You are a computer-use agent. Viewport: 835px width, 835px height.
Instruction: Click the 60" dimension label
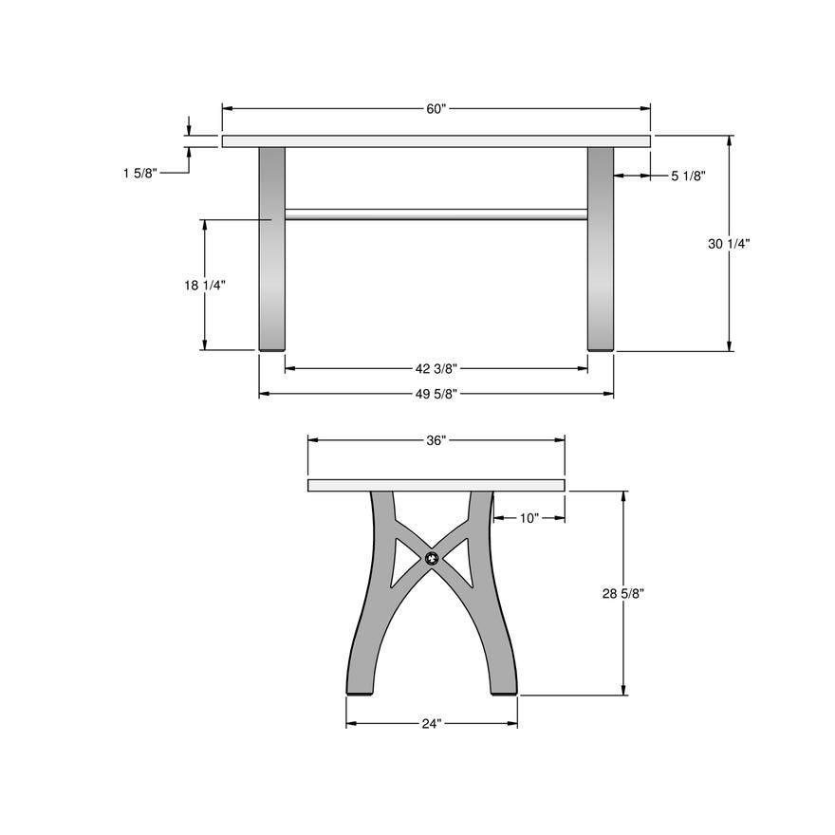(436, 109)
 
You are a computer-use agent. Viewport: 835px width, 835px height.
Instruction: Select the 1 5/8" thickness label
(139, 173)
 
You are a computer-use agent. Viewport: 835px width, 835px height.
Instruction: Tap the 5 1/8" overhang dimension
(687, 176)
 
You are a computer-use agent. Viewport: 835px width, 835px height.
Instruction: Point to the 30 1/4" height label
(729, 244)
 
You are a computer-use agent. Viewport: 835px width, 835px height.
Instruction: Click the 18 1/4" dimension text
(204, 285)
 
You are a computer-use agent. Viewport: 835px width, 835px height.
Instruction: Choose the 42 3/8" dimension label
(436, 368)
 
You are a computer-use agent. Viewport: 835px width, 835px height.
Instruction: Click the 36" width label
(436, 440)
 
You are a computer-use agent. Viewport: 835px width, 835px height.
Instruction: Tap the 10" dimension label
(529, 518)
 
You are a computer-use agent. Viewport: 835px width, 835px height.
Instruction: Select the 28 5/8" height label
(623, 594)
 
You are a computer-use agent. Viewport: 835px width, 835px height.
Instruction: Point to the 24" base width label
(432, 724)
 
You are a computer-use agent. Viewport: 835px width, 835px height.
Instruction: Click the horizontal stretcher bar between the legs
(436, 214)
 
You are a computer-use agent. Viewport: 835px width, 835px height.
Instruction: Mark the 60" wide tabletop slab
(436, 141)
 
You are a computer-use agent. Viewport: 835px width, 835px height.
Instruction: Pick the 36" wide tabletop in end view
(436, 486)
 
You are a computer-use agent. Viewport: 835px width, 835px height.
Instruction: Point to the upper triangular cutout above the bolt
(433, 531)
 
